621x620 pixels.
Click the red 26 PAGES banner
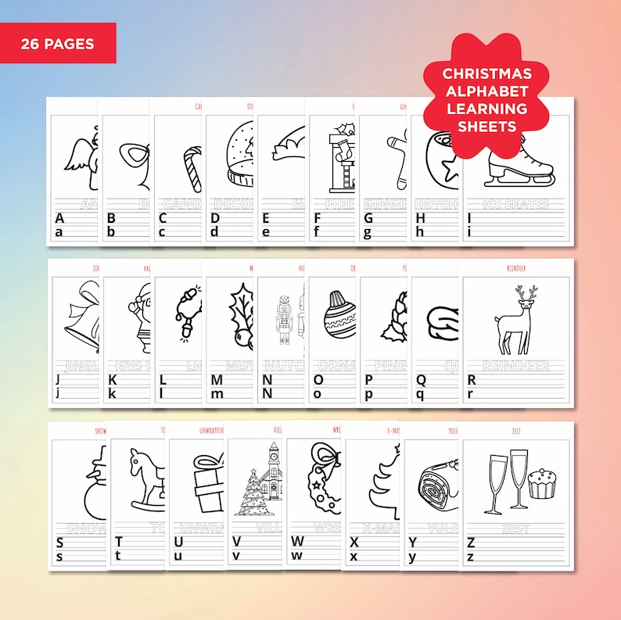pyautogui.click(x=58, y=43)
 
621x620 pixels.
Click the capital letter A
pyautogui.click(x=59, y=218)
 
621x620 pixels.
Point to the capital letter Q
pyautogui.click(x=421, y=379)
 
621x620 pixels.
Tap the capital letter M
pyautogui.click(x=217, y=379)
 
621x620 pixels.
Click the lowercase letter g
pyautogui.click(x=368, y=231)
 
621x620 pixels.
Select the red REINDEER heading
pyautogui.click(x=515, y=267)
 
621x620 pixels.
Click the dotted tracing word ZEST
pyautogui.click(x=515, y=527)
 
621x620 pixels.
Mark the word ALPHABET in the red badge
pyautogui.click(x=486, y=91)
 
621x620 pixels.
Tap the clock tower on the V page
pyautogui.click(x=272, y=469)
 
